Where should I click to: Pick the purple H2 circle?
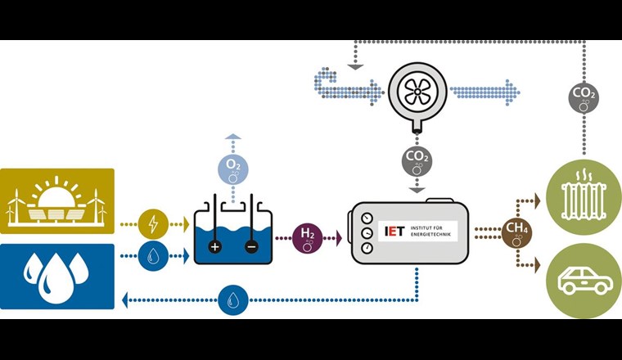pos(308,238)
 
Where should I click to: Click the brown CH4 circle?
pos(516,232)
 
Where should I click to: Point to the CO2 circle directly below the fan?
pos(417,160)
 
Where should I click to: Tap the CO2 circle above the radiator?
pos(584,99)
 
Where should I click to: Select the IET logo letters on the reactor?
pos(395,232)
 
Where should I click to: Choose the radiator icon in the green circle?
pos(584,195)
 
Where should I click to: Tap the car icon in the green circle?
pos(584,281)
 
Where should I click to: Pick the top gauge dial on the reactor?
pos(366,218)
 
